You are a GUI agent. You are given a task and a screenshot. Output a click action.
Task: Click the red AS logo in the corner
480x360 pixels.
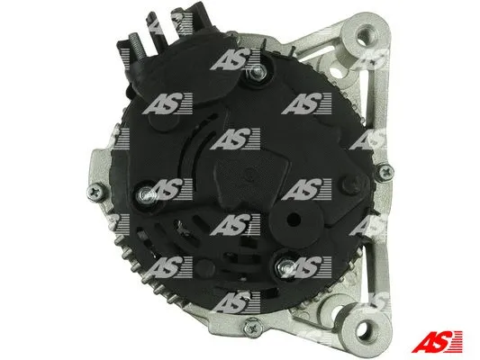[x=437, y=342]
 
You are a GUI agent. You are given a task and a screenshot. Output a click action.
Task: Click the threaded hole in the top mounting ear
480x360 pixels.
[x=364, y=38]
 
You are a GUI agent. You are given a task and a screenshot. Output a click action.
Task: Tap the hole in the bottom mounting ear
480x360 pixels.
[x=366, y=329]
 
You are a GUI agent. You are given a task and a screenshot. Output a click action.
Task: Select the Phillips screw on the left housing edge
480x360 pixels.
[x=96, y=193]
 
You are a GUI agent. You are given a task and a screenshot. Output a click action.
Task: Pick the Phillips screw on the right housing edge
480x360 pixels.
[x=385, y=173]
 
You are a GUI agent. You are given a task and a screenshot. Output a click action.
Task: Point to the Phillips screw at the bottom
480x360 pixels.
[x=253, y=328]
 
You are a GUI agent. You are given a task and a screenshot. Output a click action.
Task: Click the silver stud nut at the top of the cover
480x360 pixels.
[x=257, y=73]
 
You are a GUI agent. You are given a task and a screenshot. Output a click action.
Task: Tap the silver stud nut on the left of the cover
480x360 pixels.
[x=147, y=193]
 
